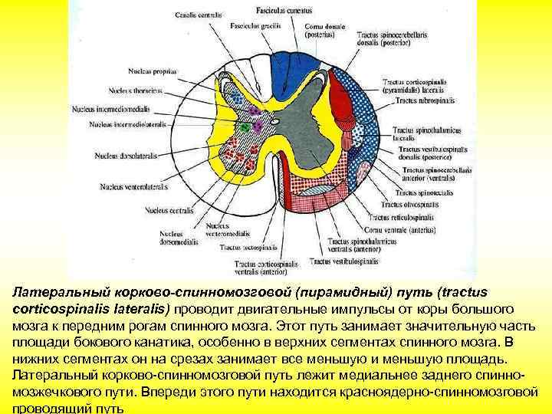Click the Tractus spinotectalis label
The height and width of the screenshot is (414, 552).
click(x=426, y=193)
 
